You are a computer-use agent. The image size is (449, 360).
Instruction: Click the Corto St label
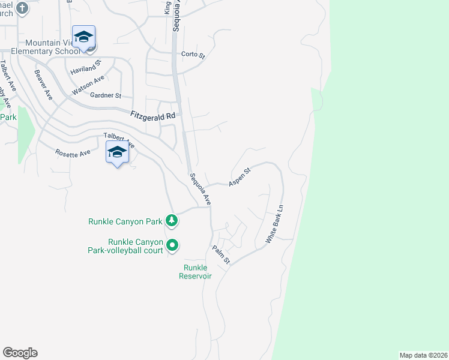coord(193,55)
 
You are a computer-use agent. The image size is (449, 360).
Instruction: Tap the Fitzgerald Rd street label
coord(154,115)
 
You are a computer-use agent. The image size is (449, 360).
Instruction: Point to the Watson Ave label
coord(88,85)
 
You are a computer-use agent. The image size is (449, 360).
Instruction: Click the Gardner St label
coord(106,95)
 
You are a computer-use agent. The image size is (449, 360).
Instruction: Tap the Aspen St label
coord(239,177)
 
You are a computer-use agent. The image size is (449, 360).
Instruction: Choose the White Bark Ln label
coord(275,224)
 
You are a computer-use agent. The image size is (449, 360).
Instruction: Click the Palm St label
coord(221,254)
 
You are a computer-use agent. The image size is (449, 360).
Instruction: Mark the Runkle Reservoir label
coord(195,272)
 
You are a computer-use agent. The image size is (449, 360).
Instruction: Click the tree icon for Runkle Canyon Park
coord(172,221)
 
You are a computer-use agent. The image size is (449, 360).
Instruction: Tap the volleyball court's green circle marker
coord(172,245)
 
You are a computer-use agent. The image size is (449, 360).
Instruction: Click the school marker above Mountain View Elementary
coord(83,37)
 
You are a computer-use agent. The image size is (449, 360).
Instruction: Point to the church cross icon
coord(22,8)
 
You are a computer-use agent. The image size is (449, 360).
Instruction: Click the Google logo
coord(20,353)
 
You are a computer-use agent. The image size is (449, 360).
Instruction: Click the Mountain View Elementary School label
coord(53,47)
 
